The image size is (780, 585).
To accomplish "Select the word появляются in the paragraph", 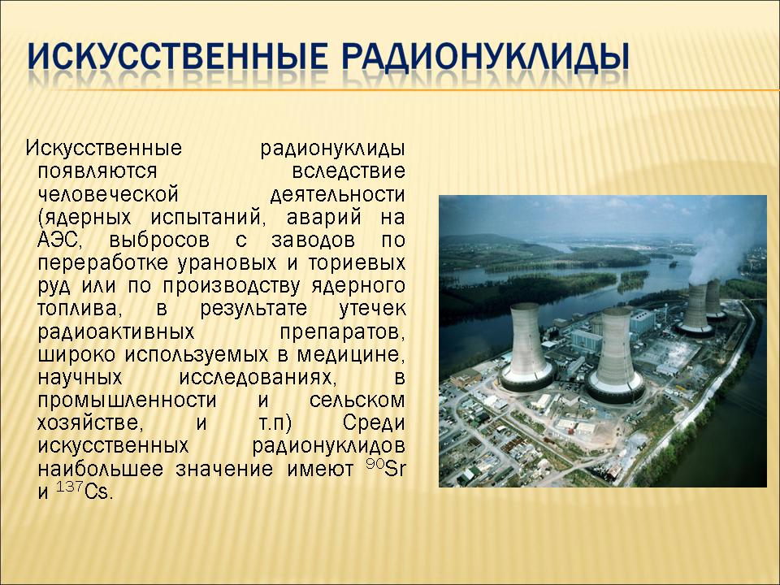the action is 97,172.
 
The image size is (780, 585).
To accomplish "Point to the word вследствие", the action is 349,171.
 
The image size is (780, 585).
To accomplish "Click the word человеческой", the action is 108,194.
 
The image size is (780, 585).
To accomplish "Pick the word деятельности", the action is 338,194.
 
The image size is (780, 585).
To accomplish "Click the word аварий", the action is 324,218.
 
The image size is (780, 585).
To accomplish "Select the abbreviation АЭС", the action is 59,240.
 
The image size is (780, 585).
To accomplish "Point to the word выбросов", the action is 159,240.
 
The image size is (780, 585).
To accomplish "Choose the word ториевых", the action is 357,263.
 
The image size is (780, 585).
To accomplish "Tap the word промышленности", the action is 128,401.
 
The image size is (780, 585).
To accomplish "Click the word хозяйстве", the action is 90,424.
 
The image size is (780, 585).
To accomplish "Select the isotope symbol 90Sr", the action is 385,468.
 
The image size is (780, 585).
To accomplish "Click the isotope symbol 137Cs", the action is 84,491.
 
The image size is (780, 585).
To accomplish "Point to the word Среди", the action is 374,424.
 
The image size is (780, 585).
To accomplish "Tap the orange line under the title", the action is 403,90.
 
